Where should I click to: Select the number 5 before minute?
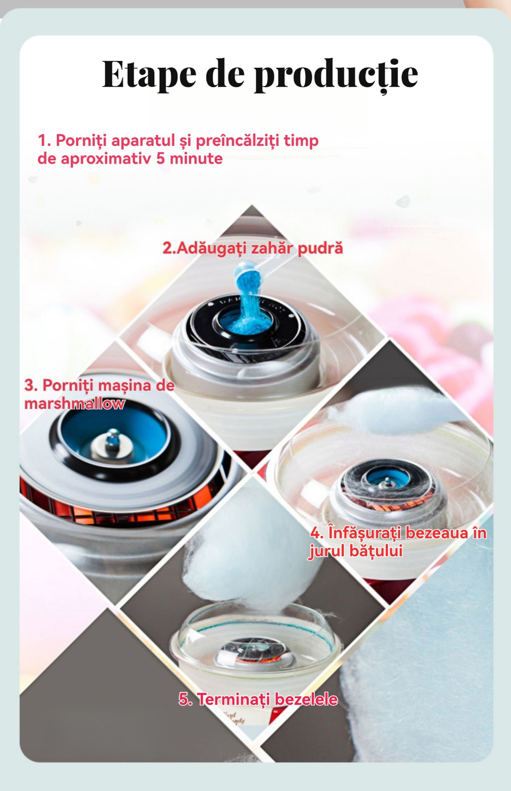pyautogui.click(x=160, y=159)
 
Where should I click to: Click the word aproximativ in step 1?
pyautogui.click(x=107, y=159)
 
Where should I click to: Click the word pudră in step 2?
pyautogui.click(x=320, y=249)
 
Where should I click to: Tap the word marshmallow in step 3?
pyautogui.click(x=75, y=403)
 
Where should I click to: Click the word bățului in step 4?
pyautogui.click(x=376, y=551)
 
